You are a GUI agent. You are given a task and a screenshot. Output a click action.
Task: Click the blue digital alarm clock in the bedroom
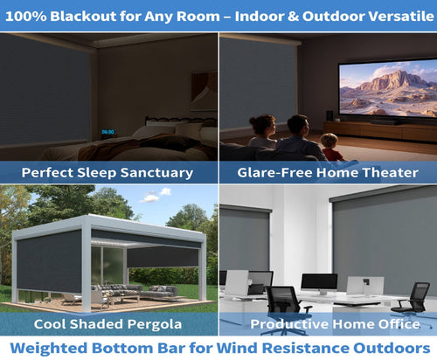108,132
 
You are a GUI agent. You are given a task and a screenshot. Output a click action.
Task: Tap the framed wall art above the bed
204,91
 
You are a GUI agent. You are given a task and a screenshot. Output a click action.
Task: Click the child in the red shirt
331,148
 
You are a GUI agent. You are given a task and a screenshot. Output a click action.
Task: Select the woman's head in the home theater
263,125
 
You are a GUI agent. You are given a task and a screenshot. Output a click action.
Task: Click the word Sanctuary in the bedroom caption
156,173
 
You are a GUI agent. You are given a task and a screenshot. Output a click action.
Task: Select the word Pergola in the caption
155,324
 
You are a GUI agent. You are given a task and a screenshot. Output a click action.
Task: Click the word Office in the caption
399,323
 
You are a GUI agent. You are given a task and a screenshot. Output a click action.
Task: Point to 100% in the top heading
26,17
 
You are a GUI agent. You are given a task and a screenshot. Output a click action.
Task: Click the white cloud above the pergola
156,195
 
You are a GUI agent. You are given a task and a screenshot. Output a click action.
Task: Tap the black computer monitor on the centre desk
319,282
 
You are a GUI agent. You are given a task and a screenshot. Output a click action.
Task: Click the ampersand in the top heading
294,17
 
